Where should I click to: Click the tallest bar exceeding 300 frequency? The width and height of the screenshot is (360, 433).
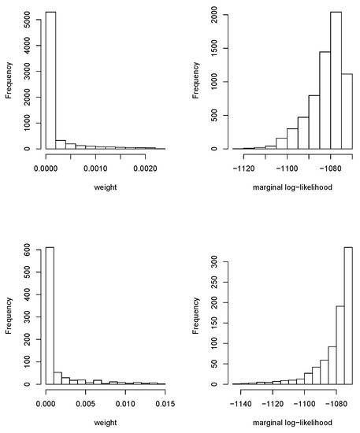[348, 316]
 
